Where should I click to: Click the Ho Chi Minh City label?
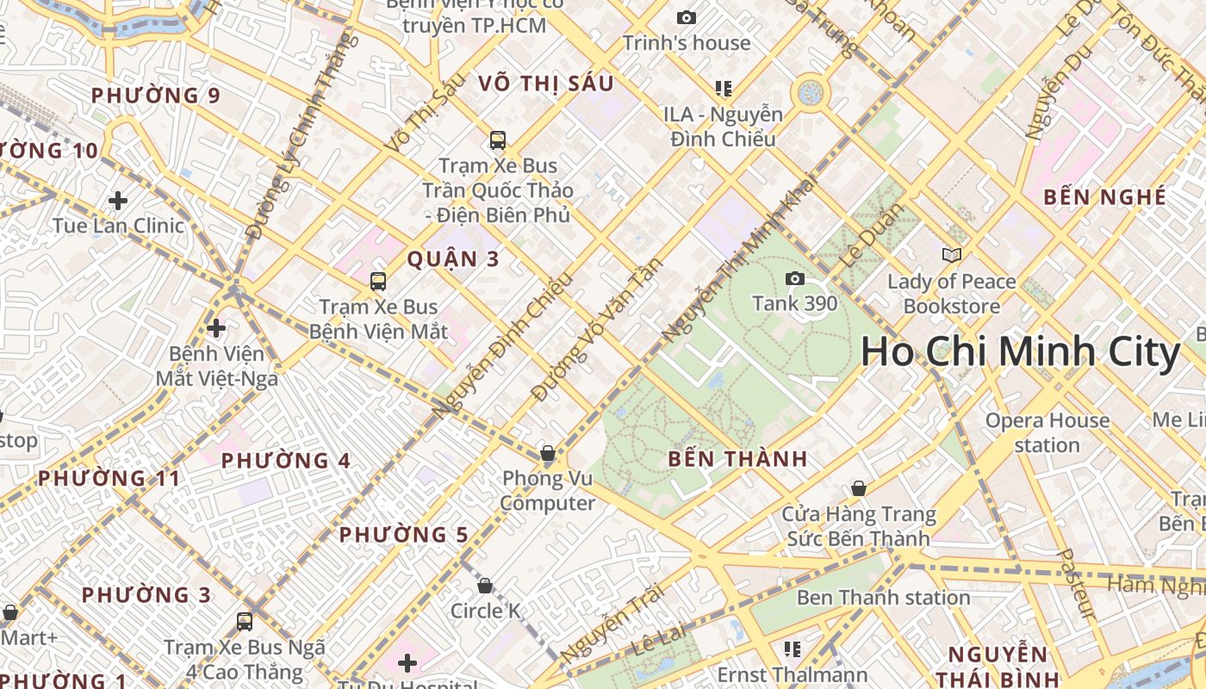(x=1020, y=352)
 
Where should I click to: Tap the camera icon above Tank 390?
(x=794, y=278)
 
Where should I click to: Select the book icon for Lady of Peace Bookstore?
(x=951, y=255)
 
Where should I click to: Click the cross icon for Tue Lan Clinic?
(x=118, y=201)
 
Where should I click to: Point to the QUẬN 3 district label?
(x=453, y=258)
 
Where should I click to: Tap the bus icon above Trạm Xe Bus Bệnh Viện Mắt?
(x=377, y=281)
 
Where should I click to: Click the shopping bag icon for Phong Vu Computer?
(x=547, y=453)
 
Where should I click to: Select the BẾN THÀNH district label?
(x=737, y=459)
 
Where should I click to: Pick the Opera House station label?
(x=1047, y=432)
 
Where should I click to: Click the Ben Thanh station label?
(x=883, y=597)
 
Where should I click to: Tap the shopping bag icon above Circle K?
(x=485, y=586)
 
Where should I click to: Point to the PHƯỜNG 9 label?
(x=156, y=96)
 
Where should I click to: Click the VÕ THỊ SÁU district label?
(x=546, y=83)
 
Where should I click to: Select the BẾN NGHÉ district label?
(x=1104, y=196)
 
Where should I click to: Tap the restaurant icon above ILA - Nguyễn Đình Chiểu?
(x=723, y=88)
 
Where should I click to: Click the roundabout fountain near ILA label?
(x=811, y=93)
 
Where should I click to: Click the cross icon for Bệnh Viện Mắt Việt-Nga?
(x=216, y=327)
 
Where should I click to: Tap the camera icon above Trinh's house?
(x=686, y=17)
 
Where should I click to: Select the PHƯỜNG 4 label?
(x=285, y=461)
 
